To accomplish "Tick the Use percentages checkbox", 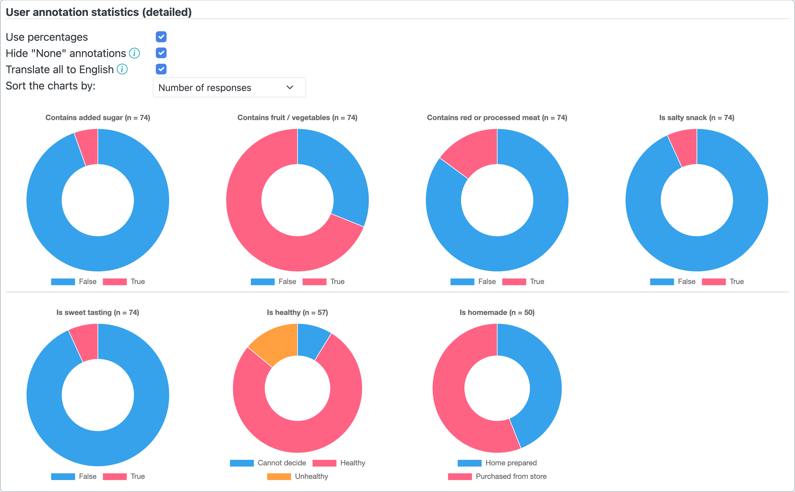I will click(161, 37).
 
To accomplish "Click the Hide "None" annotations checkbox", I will click(161, 53).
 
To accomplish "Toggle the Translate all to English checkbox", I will click(161, 69).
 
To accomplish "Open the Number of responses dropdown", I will click(229, 87).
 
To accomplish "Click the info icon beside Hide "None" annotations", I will click(134, 53).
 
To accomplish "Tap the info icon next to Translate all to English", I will click(122, 69).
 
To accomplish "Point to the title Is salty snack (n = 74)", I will click(697, 117).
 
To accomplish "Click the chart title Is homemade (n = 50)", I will click(497, 312).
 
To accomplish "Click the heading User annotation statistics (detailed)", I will click(99, 12).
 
